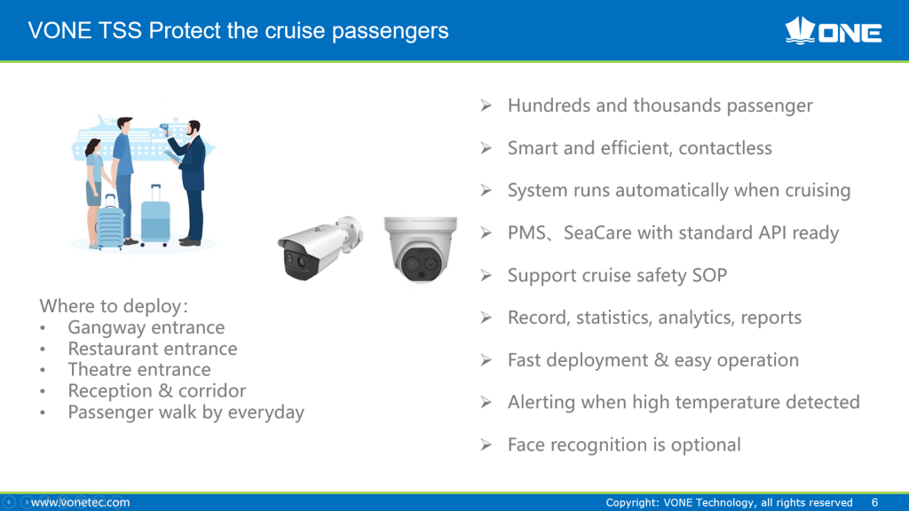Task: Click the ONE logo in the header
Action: tap(833, 31)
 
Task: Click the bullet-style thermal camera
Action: tap(320, 248)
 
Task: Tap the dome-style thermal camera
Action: tap(420, 249)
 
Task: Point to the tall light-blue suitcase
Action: tap(155, 216)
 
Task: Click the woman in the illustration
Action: tap(94, 193)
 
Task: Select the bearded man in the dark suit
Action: tap(191, 183)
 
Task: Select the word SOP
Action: tap(709, 275)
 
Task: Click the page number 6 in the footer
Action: tap(874, 502)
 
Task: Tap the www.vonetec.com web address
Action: tap(81, 502)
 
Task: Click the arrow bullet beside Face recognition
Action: tap(486, 445)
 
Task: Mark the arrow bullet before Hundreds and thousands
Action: tap(486, 106)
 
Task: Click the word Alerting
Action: tap(541, 403)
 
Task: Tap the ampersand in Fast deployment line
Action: tap(661, 360)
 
